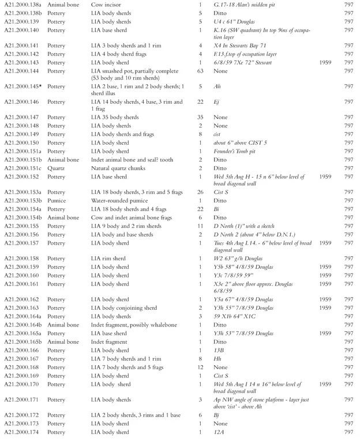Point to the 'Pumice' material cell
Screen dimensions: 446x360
(57, 200)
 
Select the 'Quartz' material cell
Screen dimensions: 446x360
(57, 168)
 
